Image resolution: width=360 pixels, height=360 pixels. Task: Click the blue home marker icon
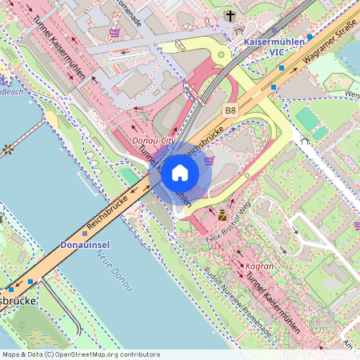click(180, 172)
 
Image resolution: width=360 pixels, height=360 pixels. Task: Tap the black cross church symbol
click(230, 15)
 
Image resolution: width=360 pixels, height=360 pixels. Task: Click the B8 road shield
click(230, 110)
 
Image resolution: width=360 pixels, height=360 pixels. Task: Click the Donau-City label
click(153, 141)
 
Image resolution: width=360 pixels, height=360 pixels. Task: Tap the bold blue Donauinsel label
click(85, 244)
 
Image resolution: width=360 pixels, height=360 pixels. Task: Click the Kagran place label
click(258, 266)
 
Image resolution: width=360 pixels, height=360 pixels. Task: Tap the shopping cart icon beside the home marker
click(210, 160)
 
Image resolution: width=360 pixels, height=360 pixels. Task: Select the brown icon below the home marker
click(222, 214)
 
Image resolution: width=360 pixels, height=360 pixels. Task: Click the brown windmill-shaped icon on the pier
click(8, 149)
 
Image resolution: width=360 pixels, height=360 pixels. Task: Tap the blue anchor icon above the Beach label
click(3, 79)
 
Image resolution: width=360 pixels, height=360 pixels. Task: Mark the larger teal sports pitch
click(306, 119)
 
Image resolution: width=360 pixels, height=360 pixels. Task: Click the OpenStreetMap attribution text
click(81, 354)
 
